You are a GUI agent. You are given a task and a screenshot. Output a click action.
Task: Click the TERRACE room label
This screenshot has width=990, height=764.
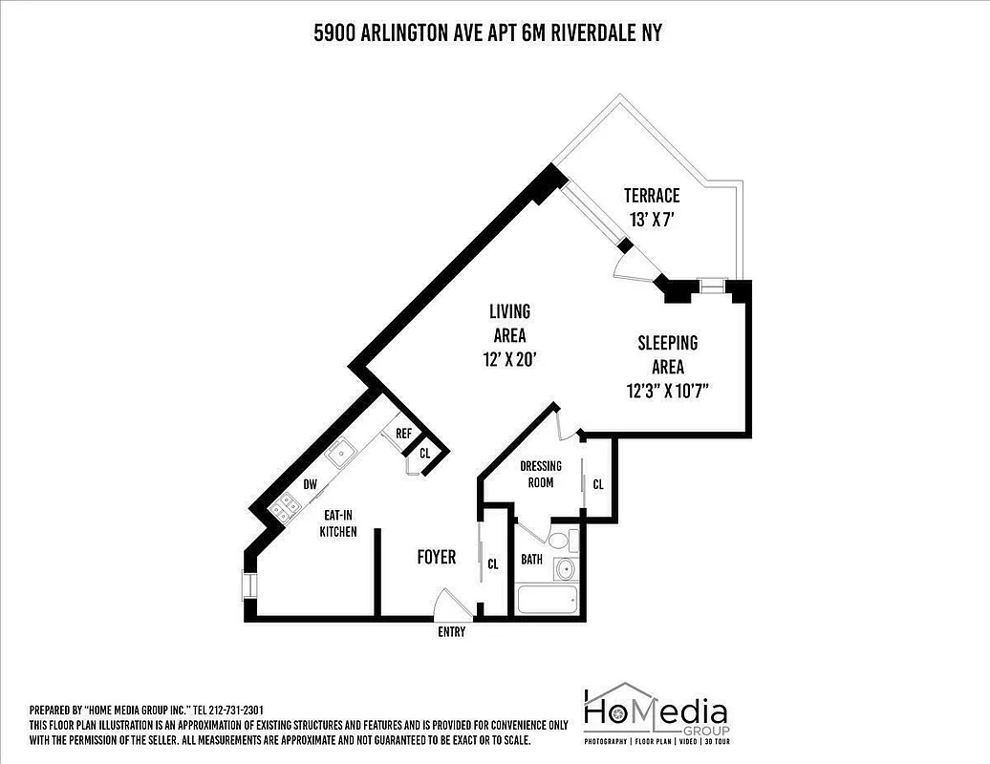(652, 196)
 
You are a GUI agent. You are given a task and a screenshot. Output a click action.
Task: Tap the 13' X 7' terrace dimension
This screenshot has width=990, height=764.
(653, 219)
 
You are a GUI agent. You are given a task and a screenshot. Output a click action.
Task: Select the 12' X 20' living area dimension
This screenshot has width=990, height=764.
(509, 360)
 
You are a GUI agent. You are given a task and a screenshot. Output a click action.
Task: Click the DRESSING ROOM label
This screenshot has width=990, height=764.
(541, 474)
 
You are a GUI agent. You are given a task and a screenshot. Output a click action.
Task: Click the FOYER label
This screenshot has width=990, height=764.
(437, 557)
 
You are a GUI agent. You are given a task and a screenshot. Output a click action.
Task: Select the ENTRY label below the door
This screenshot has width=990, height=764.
(451, 631)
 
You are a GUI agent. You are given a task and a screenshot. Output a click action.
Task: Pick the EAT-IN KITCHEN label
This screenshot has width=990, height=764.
(338, 522)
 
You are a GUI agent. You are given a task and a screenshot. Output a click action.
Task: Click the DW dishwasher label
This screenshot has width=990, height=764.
(310, 484)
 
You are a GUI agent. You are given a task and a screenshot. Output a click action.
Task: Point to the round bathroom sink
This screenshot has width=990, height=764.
(565, 570)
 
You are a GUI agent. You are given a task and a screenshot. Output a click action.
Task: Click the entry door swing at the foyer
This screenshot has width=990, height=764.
(447, 604)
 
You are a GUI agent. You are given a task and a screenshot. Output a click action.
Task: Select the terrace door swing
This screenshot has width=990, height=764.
(634, 264)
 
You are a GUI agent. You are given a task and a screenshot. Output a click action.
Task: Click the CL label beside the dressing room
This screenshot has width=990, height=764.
(598, 484)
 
